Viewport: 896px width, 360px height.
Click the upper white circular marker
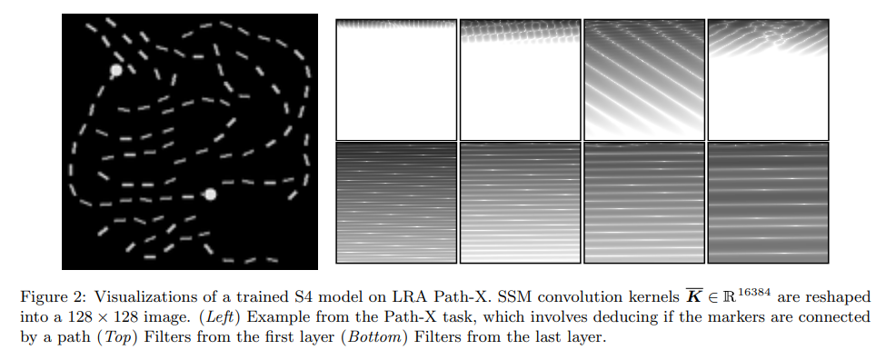click(115, 70)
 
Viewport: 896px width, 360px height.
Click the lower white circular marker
click(210, 194)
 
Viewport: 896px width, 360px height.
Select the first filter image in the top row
click(396, 79)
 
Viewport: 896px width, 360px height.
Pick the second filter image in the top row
click(520, 79)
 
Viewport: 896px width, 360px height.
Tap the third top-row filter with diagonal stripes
click(643, 79)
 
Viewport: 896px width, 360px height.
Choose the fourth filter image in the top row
click(768, 79)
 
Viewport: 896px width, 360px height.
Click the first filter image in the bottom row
click(396, 203)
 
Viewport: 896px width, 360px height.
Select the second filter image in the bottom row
click(520, 203)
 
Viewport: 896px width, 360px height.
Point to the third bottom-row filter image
click(643, 203)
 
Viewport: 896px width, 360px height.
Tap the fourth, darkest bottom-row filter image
click(768, 203)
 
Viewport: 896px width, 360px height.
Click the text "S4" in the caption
click(251, 297)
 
